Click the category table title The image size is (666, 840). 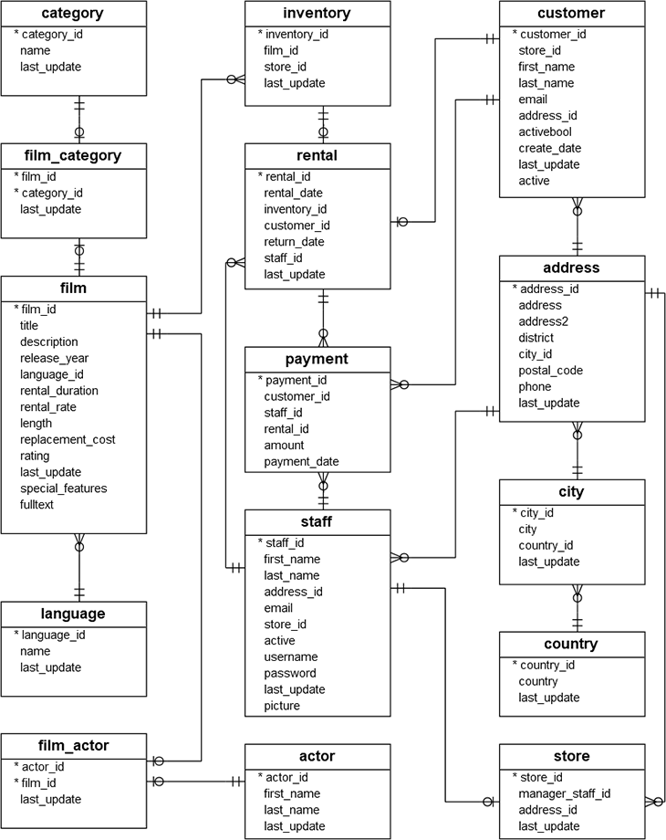pyautogui.click(x=73, y=14)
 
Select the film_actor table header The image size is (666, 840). pyautogui.click(x=73, y=746)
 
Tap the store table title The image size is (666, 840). pyautogui.click(x=572, y=756)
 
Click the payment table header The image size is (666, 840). pyautogui.click(x=317, y=359)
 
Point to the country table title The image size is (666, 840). pyautogui.click(x=572, y=644)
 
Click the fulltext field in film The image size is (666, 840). pyautogui.click(x=37, y=505)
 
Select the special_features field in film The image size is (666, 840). pyautogui.click(x=63, y=488)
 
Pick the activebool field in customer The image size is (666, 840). pyautogui.click(x=546, y=132)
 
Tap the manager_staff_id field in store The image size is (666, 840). pyautogui.click(x=565, y=794)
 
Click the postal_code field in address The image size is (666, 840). pyautogui.click(x=550, y=371)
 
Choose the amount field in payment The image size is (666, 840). pyautogui.click(x=285, y=446)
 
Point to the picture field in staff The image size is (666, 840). pyautogui.click(x=282, y=706)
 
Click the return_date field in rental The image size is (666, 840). pyautogui.click(x=295, y=242)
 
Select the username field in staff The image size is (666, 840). pyautogui.click(x=291, y=656)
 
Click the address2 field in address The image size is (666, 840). pyautogui.click(x=544, y=321)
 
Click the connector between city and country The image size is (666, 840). pyautogui.click(x=577, y=607)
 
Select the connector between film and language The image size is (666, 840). pyautogui.click(x=79, y=566)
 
